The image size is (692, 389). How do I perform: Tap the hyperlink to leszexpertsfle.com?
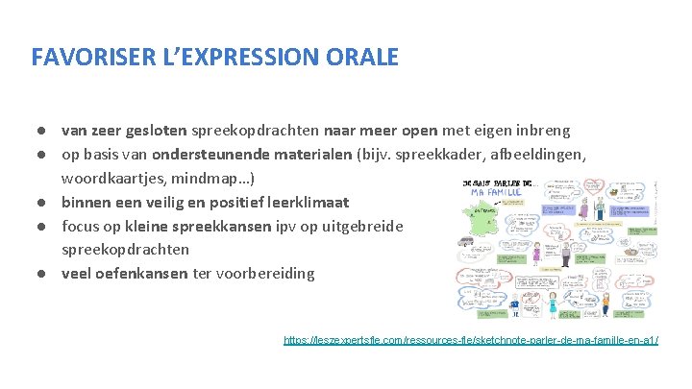point(471,341)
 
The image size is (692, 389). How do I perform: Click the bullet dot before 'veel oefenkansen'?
point(44,274)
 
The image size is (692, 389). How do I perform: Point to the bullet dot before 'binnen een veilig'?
point(44,203)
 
